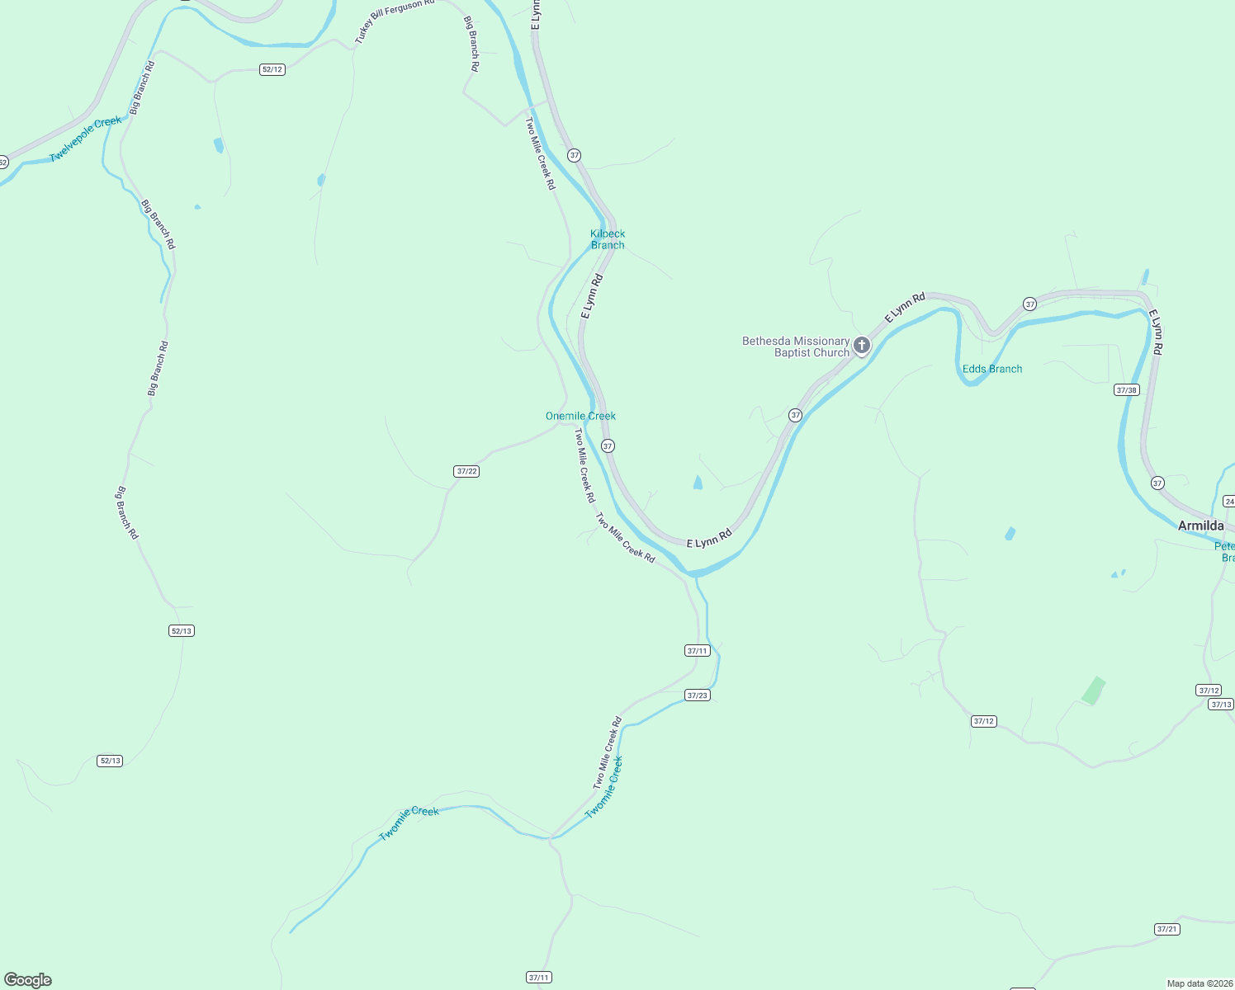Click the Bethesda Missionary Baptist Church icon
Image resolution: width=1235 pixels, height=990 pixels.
[x=861, y=345]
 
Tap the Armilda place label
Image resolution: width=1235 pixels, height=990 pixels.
[x=1200, y=526]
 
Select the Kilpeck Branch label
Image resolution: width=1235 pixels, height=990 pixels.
[x=608, y=239]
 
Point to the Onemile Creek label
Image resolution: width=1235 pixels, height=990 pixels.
[x=580, y=416]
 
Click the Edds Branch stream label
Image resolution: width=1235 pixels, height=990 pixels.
[x=991, y=369]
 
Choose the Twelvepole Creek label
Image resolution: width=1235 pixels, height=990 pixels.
[x=85, y=139]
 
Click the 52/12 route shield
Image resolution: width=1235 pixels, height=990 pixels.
[x=272, y=69]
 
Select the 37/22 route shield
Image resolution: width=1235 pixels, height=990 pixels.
[x=466, y=471]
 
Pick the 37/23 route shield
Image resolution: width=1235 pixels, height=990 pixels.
[x=698, y=695]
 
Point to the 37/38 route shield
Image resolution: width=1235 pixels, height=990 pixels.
[x=1126, y=389]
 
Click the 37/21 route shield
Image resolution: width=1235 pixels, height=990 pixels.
[x=1167, y=929]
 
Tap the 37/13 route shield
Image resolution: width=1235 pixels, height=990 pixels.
[x=1221, y=704]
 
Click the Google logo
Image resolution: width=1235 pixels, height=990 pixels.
[x=28, y=980]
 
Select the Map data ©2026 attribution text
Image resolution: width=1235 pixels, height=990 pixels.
[x=1199, y=983]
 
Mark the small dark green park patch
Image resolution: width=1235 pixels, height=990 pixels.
[x=1093, y=691]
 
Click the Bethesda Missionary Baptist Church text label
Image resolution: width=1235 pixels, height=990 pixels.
[x=796, y=346]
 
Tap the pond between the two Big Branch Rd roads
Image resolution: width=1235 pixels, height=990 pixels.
[x=219, y=146]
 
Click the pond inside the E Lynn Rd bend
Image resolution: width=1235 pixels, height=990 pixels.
[x=698, y=483]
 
